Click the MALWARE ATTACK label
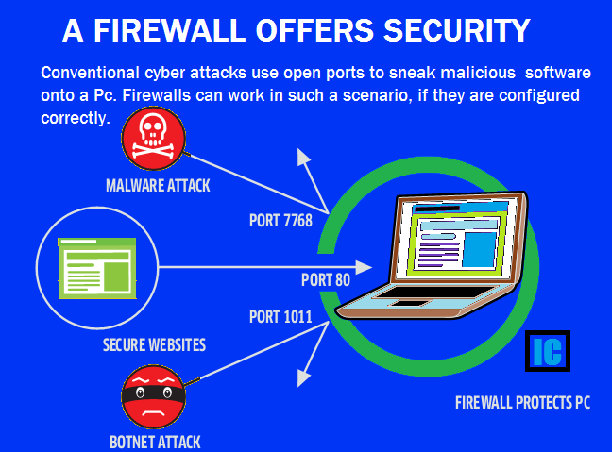(158, 186)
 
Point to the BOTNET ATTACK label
(155, 442)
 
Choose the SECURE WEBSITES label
(154, 345)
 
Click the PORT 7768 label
(280, 222)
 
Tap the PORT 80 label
(325, 280)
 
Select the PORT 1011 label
(280, 316)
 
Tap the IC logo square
(547, 351)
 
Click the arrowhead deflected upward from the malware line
(302, 156)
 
